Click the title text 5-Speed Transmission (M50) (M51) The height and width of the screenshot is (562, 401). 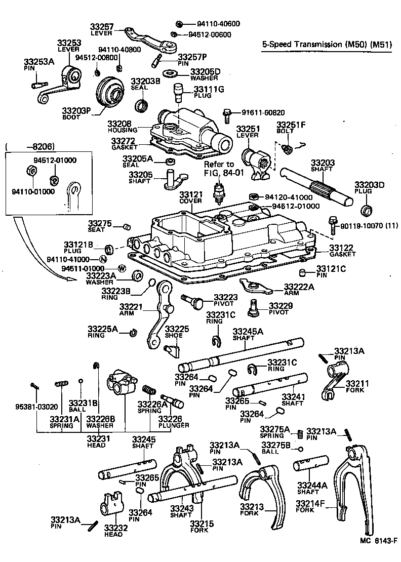(x=328, y=45)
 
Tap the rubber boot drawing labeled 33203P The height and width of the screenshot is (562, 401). (x=109, y=92)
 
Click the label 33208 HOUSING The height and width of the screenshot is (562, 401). (x=119, y=126)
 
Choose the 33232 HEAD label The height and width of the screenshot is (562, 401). (x=116, y=530)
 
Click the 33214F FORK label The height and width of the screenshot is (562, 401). (x=310, y=506)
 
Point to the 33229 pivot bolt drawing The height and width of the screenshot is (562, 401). (x=254, y=306)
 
